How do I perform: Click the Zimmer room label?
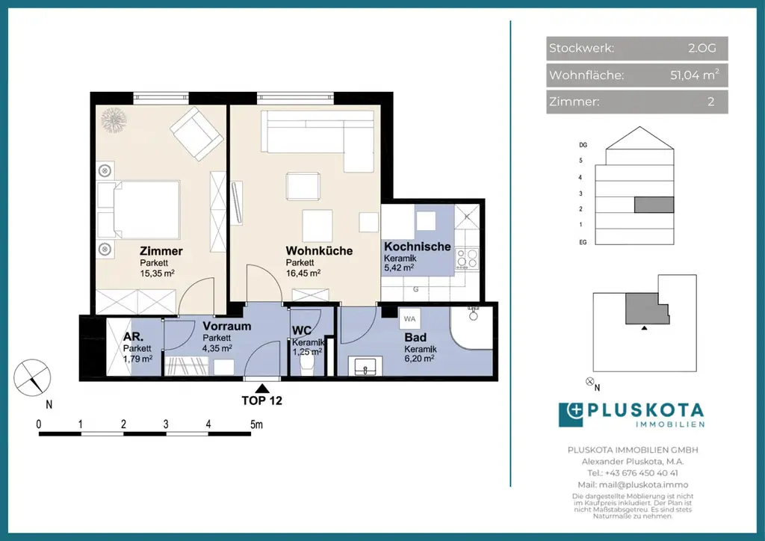(x=161, y=251)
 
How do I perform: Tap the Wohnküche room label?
(x=319, y=251)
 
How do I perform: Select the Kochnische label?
(x=417, y=247)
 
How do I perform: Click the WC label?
(x=302, y=330)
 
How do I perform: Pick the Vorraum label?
(x=226, y=327)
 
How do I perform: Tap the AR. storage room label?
(x=134, y=337)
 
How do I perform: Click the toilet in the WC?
(x=306, y=364)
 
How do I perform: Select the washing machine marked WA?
(x=409, y=318)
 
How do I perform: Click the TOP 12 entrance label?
(x=261, y=401)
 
